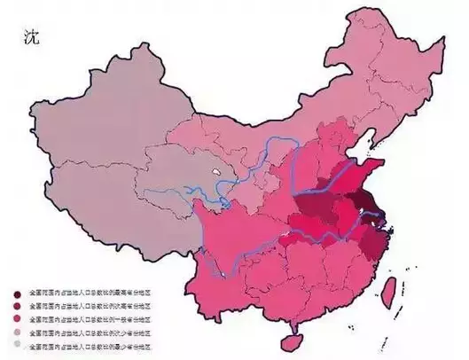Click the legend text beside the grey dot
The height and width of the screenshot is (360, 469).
coord(89,342)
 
